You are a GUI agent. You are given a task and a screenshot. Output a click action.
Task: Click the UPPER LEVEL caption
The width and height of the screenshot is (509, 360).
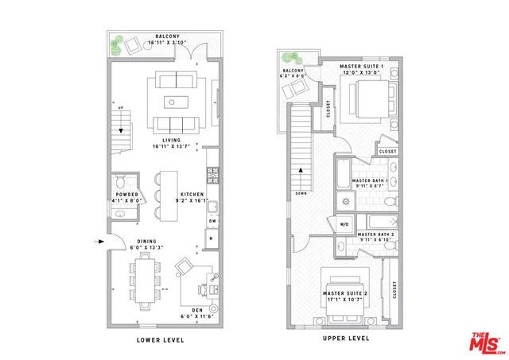click(x=346, y=339)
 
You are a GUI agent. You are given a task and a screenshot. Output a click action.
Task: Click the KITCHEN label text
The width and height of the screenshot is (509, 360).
click(x=193, y=195)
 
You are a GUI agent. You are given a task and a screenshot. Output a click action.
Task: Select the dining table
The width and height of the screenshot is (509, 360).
click(x=145, y=284)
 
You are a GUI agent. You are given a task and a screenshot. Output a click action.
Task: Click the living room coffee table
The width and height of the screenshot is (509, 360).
click(x=175, y=102)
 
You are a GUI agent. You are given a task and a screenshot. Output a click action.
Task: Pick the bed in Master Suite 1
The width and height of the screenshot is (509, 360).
click(x=368, y=96)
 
